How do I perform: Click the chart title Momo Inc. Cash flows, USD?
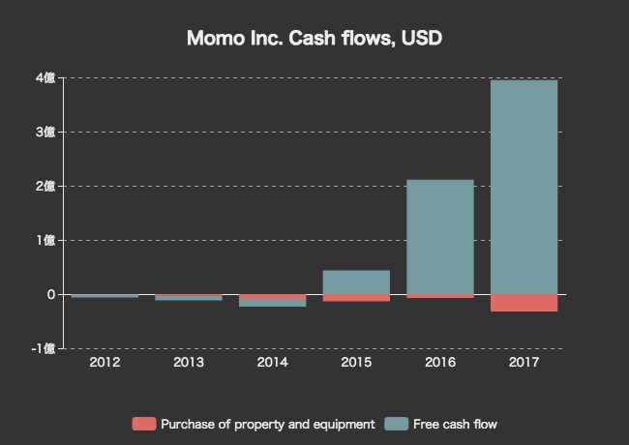pos(314,39)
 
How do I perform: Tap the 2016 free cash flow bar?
pos(440,237)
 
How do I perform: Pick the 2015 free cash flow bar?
pos(356,282)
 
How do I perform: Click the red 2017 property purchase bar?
pos(524,303)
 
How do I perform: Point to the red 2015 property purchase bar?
pos(356,298)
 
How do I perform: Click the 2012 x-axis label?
pos(105,363)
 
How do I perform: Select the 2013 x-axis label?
pos(189,363)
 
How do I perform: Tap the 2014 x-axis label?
pos(272,363)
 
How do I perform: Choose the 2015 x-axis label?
pos(356,363)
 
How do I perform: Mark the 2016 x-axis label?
pos(440,363)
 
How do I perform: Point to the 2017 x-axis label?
pos(524,363)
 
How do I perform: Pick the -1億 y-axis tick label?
pos(45,348)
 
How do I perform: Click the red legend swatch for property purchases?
pos(143,424)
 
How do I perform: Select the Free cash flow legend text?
pos(455,424)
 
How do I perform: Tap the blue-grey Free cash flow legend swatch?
pos(396,424)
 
